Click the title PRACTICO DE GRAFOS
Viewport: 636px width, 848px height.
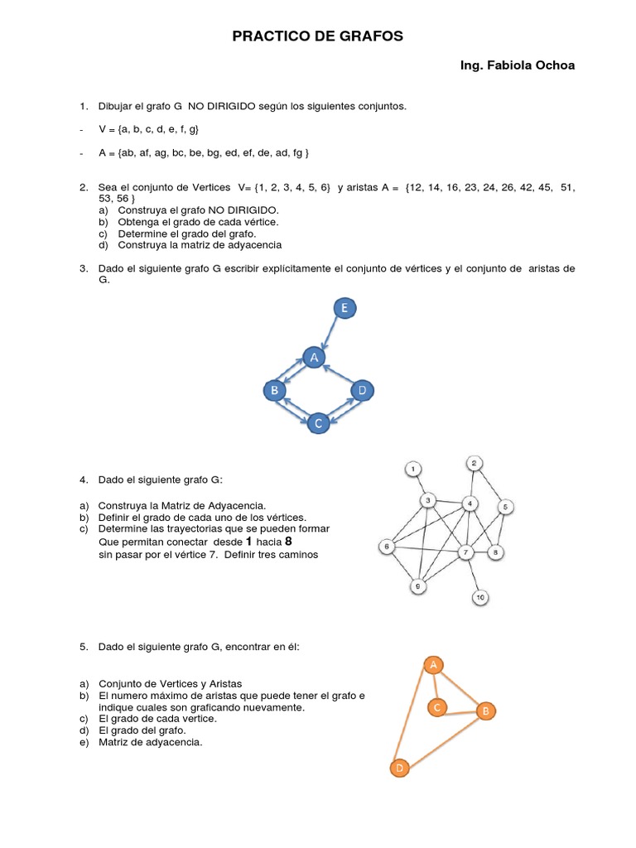coord(317,36)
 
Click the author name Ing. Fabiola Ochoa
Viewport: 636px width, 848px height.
coord(518,65)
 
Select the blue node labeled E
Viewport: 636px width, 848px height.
coord(345,309)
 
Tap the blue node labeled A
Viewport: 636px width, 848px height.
coord(313,358)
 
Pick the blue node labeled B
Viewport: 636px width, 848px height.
coord(274,389)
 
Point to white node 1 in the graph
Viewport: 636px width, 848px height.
coord(414,470)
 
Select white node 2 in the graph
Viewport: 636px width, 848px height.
coord(474,462)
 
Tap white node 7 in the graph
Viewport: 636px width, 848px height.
coord(466,552)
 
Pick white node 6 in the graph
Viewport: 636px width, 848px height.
coord(387,547)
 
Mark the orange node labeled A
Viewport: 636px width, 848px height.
coord(432,664)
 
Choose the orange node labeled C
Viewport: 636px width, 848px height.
coord(437,706)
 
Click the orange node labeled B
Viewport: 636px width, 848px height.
coord(486,711)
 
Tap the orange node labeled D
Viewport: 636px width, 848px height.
coord(399,768)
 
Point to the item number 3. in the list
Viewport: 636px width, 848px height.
coord(84,268)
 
